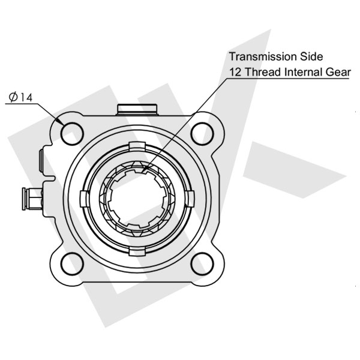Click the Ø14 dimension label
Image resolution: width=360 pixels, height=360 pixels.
point(20,97)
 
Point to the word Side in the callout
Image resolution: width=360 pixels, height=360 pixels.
point(311,57)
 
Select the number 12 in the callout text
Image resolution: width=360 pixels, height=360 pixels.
point(235,73)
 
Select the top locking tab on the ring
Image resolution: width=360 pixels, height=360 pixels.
point(138,146)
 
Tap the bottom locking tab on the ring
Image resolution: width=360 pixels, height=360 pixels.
point(138,250)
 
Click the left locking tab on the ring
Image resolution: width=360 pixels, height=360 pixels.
point(86,198)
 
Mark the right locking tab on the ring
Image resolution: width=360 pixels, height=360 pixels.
point(190,198)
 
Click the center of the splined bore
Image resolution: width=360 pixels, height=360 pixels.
point(138,198)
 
